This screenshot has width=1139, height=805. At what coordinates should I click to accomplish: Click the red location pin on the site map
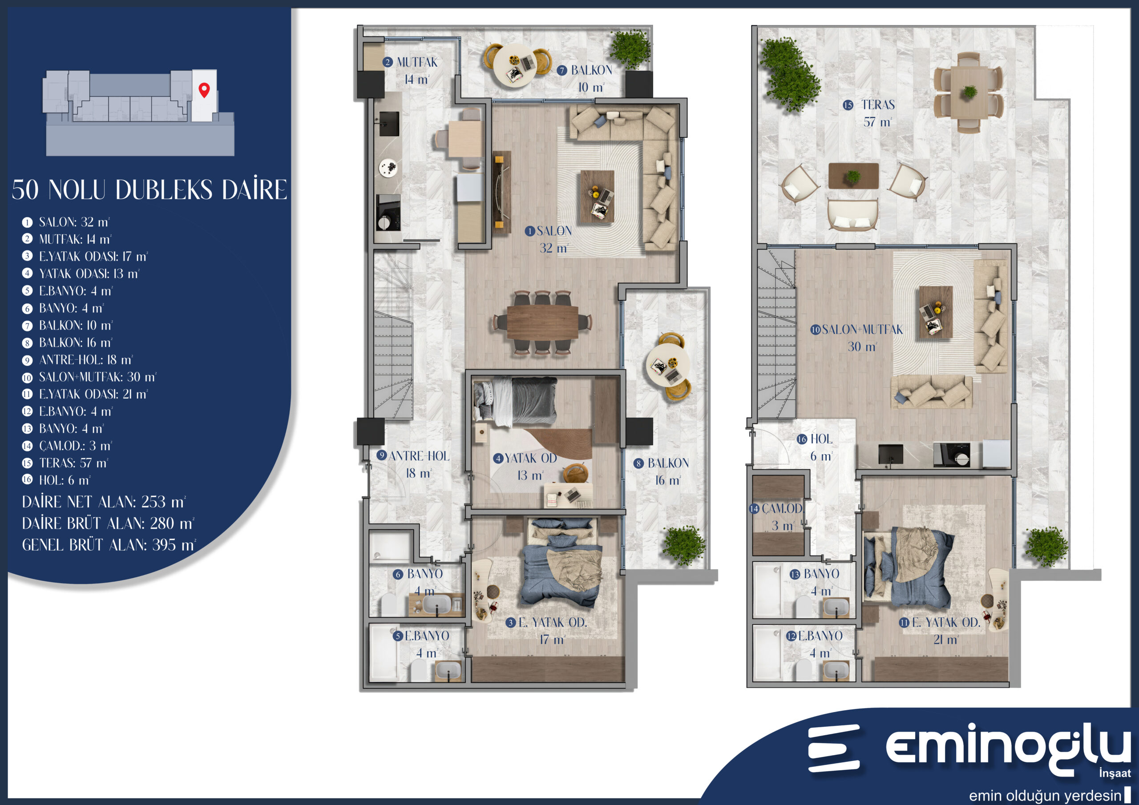coord(204,90)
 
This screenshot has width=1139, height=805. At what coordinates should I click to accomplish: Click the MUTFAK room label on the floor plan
coord(417,63)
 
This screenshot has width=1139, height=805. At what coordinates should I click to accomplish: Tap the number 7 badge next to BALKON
coord(561,70)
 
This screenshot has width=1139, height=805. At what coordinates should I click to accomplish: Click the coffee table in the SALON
coord(597,196)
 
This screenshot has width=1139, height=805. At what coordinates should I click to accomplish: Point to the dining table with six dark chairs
coord(542,322)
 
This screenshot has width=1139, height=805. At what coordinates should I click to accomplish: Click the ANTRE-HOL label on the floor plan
coord(419,456)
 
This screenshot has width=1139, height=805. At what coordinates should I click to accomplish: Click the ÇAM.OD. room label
coord(782,508)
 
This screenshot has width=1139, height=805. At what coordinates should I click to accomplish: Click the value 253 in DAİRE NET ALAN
coord(154,502)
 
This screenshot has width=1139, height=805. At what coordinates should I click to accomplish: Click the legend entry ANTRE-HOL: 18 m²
coord(86,360)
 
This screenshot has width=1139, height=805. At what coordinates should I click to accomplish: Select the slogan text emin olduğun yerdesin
coord(1045,795)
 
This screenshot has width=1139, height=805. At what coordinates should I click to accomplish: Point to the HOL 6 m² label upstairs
coord(821,447)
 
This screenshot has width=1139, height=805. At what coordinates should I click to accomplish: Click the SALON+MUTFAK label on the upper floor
coord(862,330)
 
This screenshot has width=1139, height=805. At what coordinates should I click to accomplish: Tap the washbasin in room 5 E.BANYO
coord(448,671)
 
